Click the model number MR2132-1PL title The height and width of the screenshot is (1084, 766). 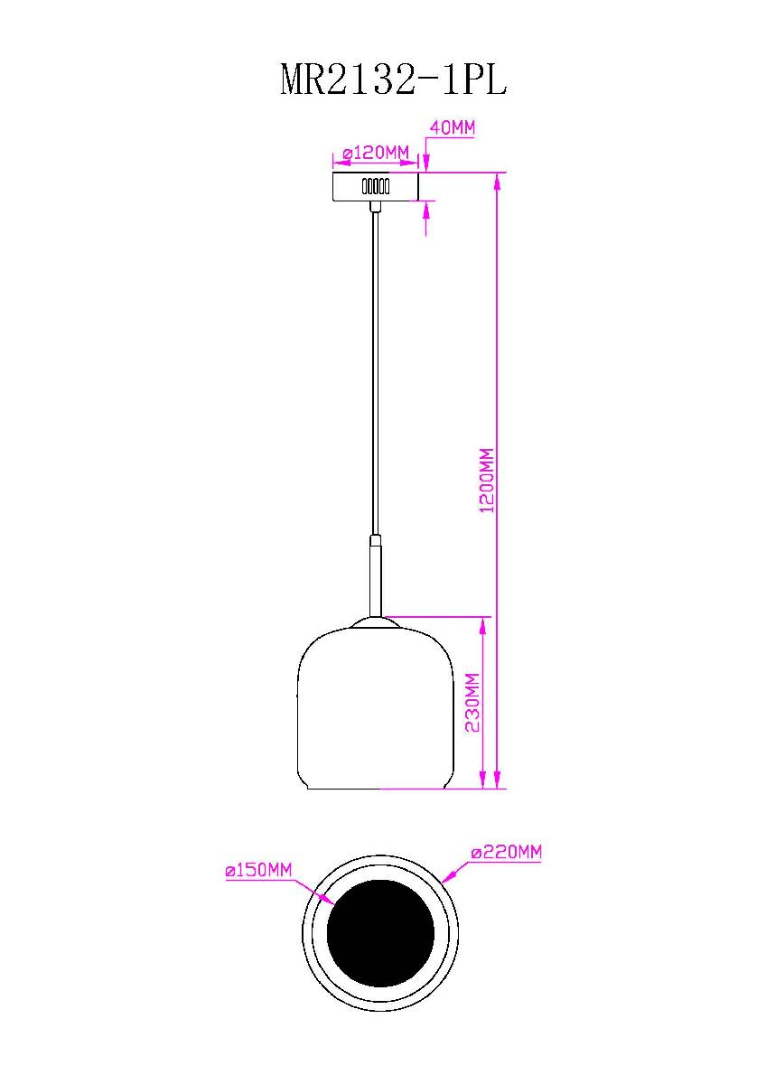point(394,79)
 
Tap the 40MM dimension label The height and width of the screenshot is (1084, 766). point(452,128)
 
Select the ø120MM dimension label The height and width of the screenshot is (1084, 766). point(376,152)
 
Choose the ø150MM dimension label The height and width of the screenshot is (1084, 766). point(258,871)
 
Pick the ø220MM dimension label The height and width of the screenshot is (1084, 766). point(507,852)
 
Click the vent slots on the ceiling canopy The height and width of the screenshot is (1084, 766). point(375,187)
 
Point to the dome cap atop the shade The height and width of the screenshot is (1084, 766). point(374,621)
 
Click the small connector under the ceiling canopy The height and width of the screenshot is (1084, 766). point(375,208)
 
